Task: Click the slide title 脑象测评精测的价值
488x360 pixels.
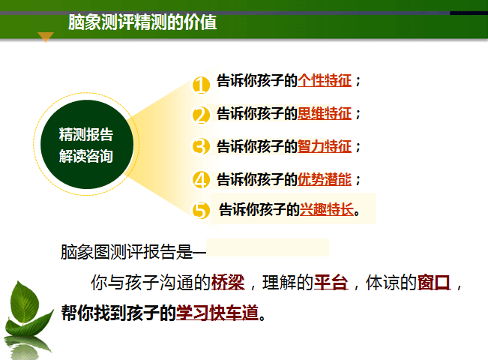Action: [x=142, y=22]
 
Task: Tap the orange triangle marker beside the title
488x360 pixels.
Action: [x=46, y=37]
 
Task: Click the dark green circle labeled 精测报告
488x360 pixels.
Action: [x=87, y=144]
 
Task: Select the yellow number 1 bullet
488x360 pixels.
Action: [x=201, y=85]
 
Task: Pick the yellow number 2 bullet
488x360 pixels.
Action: [x=201, y=115]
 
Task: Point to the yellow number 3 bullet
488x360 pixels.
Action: [x=201, y=146]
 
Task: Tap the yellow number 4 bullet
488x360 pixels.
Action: [x=201, y=179]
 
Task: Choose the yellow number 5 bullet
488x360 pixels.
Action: [x=201, y=210]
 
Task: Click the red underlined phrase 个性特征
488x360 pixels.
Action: [x=325, y=81]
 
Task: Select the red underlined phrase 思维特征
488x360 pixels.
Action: [x=325, y=113]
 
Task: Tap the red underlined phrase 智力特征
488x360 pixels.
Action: [x=325, y=146]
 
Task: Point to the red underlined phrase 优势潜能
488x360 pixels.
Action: [x=325, y=180]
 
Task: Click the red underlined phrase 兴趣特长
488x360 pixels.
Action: [x=327, y=209]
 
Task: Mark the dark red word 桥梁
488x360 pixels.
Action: [x=228, y=283]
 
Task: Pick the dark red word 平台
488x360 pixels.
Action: [x=331, y=283]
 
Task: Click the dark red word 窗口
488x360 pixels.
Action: [x=434, y=283]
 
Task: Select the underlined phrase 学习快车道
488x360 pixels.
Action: [x=217, y=313]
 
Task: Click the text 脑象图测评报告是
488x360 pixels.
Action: [x=127, y=252]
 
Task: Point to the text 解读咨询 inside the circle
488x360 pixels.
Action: [x=86, y=156]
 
